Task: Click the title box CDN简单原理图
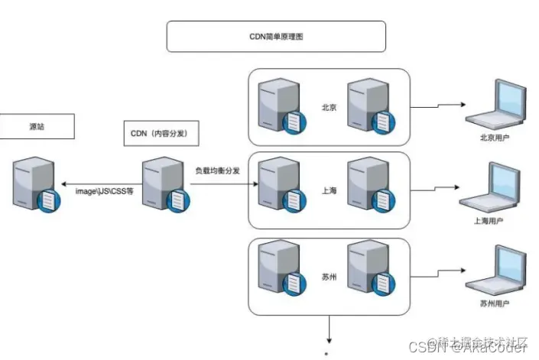[276, 36]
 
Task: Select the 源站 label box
[36, 127]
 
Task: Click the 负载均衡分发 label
[218, 170]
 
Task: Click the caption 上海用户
[489, 222]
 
